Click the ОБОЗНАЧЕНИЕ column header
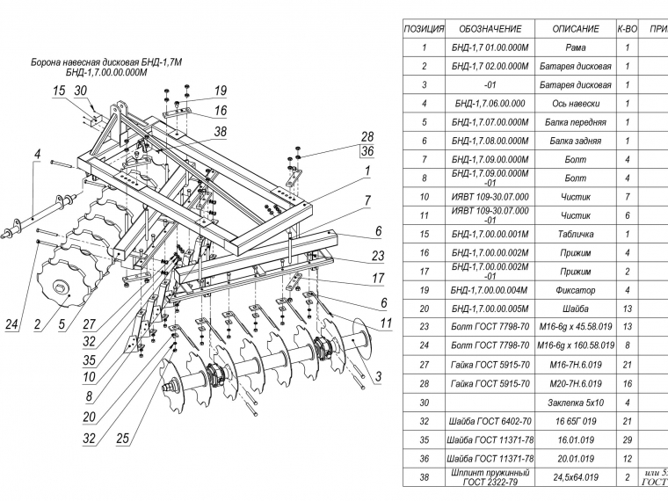coord(490,29)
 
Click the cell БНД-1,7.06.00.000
coord(490,103)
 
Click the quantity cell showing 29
coord(627,439)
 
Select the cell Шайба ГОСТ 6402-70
coord(490,421)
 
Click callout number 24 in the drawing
coord(12,326)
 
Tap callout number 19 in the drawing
coord(220,91)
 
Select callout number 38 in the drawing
coord(220,132)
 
